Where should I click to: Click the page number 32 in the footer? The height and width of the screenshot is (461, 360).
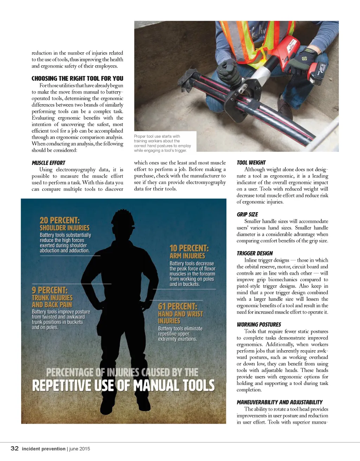(14, 448)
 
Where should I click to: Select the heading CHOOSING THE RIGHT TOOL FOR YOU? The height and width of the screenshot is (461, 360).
(77, 78)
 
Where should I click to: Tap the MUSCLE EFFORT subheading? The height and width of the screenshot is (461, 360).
(49, 163)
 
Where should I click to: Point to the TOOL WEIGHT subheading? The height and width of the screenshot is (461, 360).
(251, 163)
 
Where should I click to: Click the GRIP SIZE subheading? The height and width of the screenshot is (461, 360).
(247, 214)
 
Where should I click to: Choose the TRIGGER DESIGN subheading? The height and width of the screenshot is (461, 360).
(255, 253)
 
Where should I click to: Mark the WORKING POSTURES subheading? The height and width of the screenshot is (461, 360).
(259, 324)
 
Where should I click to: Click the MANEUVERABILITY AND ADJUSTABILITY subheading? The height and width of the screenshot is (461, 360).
(279, 402)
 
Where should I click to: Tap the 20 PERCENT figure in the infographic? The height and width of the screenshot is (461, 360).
(59, 220)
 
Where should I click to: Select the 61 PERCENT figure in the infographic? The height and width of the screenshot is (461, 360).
(177, 306)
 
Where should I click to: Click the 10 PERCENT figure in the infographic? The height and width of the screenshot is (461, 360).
(189, 248)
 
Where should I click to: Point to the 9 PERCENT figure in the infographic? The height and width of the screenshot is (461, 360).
(49, 290)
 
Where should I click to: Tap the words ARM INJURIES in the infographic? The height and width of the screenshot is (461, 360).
(187, 256)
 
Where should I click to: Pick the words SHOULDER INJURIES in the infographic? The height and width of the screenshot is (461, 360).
(64, 228)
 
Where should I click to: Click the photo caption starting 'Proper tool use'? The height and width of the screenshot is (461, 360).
(162, 143)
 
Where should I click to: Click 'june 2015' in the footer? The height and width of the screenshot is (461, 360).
(79, 449)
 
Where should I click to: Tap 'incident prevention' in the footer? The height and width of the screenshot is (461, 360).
(44, 449)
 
